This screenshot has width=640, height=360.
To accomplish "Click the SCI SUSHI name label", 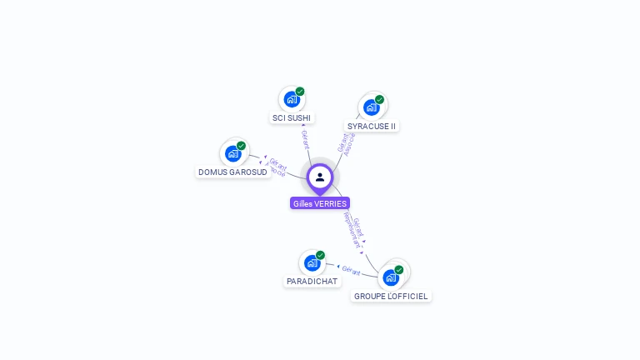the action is [x=292, y=118].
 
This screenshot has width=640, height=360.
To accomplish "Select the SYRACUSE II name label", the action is [x=372, y=126].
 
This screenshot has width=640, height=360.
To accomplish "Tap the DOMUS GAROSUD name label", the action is [x=232, y=172].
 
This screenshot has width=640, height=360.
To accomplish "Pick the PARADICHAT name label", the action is [x=312, y=282].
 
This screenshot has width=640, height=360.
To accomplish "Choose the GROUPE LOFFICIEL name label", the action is [x=391, y=296].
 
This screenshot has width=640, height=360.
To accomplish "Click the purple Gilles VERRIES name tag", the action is [x=320, y=203].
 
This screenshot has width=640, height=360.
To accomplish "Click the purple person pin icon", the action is [x=320, y=177].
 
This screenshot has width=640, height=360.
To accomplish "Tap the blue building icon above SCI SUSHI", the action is [x=291, y=99].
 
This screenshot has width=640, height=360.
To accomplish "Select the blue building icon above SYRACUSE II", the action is [x=371, y=107].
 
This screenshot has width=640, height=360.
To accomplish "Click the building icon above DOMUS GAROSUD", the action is [x=232, y=153].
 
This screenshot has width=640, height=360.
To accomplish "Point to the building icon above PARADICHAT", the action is [x=312, y=262].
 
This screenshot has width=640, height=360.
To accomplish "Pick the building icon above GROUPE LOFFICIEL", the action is [x=390, y=277].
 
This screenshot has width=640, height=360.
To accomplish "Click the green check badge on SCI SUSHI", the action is [x=300, y=92].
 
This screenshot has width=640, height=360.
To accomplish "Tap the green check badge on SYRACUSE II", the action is [x=379, y=99].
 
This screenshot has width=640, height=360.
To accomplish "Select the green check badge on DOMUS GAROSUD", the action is [x=241, y=146].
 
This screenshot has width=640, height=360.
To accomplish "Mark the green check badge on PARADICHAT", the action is [x=320, y=255].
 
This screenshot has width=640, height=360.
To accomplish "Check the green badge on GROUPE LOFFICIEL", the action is [x=399, y=270].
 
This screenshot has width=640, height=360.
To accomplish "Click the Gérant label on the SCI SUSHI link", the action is [x=306, y=139].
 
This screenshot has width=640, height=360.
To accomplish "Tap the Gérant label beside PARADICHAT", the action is [x=351, y=270].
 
